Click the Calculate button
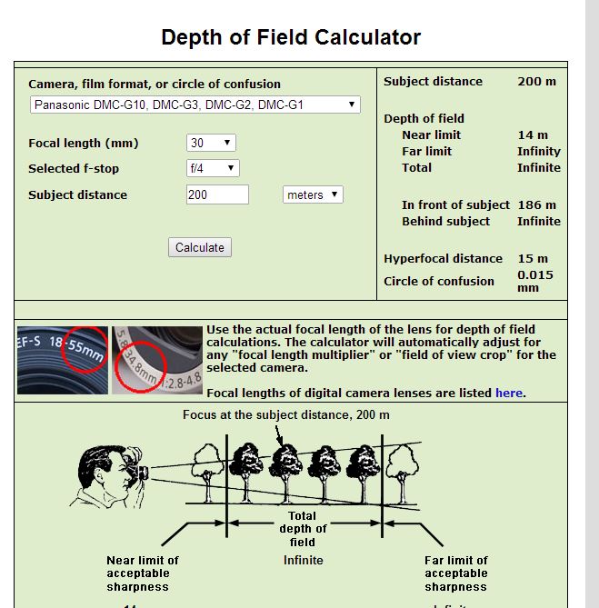pyautogui.click(x=200, y=247)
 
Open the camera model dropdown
pyautogui.click(x=195, y=105)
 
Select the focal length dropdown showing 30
pyautogui.click(x=211, y=143)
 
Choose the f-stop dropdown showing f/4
pyautogui.click(x=213, y=168)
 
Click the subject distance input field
pyautogui.click(x=217, y=194)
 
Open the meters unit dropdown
pyautogui.click(x=313, y=194)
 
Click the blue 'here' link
pyautogui.click(x=509, y=393)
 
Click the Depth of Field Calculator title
pyautogui.click(x=291, y=37)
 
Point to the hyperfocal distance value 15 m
pyautogui.click(x=533, y=258)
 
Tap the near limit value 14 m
pyautogui.click(x=533, y=135)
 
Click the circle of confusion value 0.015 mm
pyautogui.click(x=534, y=281)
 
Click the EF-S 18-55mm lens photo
pyautogui.click(x=62, y=360)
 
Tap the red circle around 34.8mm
pyautogui.click(x=142, y=364)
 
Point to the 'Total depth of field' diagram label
pyautogui.click(x=303, y=529)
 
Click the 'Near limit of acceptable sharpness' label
pyautogui.click(x=143, y=573)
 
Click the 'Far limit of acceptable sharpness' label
pyautogui.click(x=455, y=573)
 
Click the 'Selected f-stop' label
pyautogui.click(x=74, y=168)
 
